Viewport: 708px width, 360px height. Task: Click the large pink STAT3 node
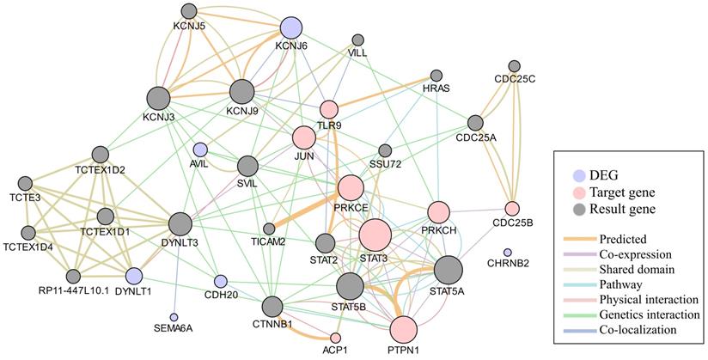[375, 234]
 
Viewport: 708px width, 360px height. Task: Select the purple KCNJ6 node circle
[291, 29]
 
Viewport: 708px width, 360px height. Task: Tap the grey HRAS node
[436, 76]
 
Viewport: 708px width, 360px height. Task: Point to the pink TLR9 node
[329, 109]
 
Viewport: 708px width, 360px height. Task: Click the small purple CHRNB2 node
[507, 252]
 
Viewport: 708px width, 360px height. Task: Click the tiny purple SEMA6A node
[174, 317]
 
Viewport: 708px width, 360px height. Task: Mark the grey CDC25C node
[515, 66]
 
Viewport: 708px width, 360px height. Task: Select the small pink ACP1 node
[336, 338]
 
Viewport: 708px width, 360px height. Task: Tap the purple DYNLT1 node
[133, 276]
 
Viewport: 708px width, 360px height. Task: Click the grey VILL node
[357, 40]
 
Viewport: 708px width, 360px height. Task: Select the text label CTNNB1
[272, 325]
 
